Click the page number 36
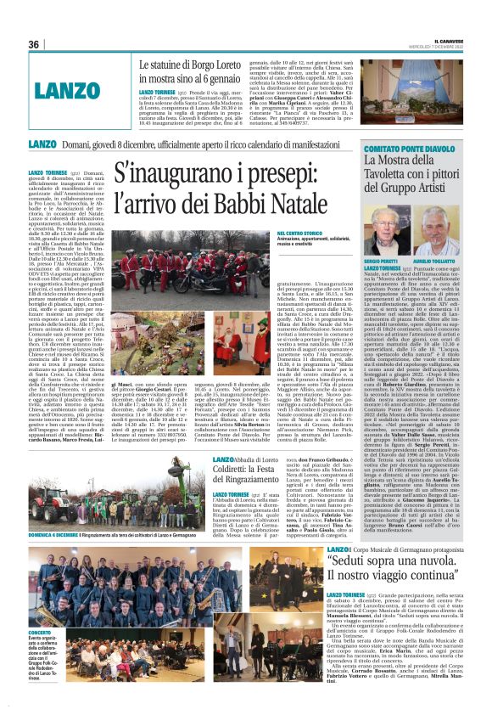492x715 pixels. pos(35,44)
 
